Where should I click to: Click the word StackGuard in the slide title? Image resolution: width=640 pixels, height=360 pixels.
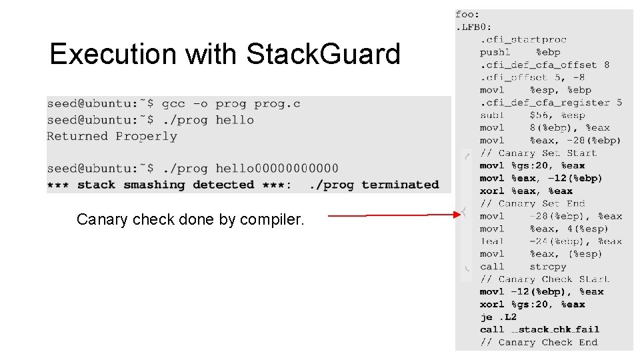coord(323,54)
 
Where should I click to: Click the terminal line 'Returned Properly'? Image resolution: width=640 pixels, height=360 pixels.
coord(112,136)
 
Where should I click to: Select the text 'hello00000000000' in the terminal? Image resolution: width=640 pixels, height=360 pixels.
coord(277,168)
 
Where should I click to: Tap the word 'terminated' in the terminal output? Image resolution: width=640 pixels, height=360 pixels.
coord(400,185)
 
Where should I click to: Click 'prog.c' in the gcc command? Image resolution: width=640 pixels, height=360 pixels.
coord(277,103)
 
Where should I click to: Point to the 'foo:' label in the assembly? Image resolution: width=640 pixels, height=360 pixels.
coord(467,14)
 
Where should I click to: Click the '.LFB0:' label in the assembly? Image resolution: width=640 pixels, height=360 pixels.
coord(473,27)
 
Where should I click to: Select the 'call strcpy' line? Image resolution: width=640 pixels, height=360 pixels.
coord(523,267)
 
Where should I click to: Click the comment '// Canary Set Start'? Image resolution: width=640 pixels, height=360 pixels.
coord(538,153)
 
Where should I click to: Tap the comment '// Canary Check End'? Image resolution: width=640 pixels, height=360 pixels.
coord(538,342)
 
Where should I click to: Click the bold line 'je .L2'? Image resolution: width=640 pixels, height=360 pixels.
coord(498,317)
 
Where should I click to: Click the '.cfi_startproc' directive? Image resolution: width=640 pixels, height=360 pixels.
coord(523,39)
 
